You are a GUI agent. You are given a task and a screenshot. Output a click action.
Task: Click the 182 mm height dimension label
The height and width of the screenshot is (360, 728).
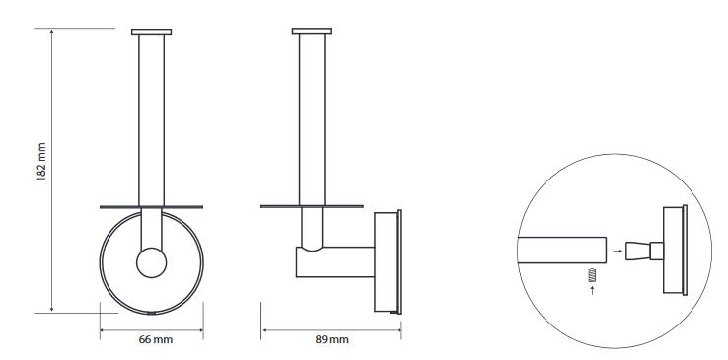pos(41,162)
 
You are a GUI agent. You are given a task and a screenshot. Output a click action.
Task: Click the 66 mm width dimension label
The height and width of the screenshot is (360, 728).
pos(156,339)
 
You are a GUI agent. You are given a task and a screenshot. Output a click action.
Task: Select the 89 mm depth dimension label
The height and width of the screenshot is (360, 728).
pos(332,339)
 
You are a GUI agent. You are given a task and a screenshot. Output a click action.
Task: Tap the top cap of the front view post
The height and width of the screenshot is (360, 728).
pos(151,32)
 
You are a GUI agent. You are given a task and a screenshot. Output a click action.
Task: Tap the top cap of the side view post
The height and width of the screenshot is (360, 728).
pos(312,32)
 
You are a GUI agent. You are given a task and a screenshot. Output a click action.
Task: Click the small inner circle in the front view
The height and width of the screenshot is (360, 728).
pos(151,262)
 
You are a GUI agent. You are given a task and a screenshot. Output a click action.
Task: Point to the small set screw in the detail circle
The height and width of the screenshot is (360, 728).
pos(592,275)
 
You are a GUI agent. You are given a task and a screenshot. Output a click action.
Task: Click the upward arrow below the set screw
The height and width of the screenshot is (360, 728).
pos(592,290)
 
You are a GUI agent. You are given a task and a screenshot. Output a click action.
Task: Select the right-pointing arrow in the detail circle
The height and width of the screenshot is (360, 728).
pos(618,251)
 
